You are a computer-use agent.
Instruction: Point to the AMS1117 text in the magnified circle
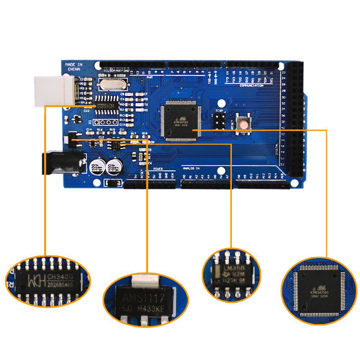click(x=143, y=298)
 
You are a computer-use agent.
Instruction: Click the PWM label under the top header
click(x=150, y=77)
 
